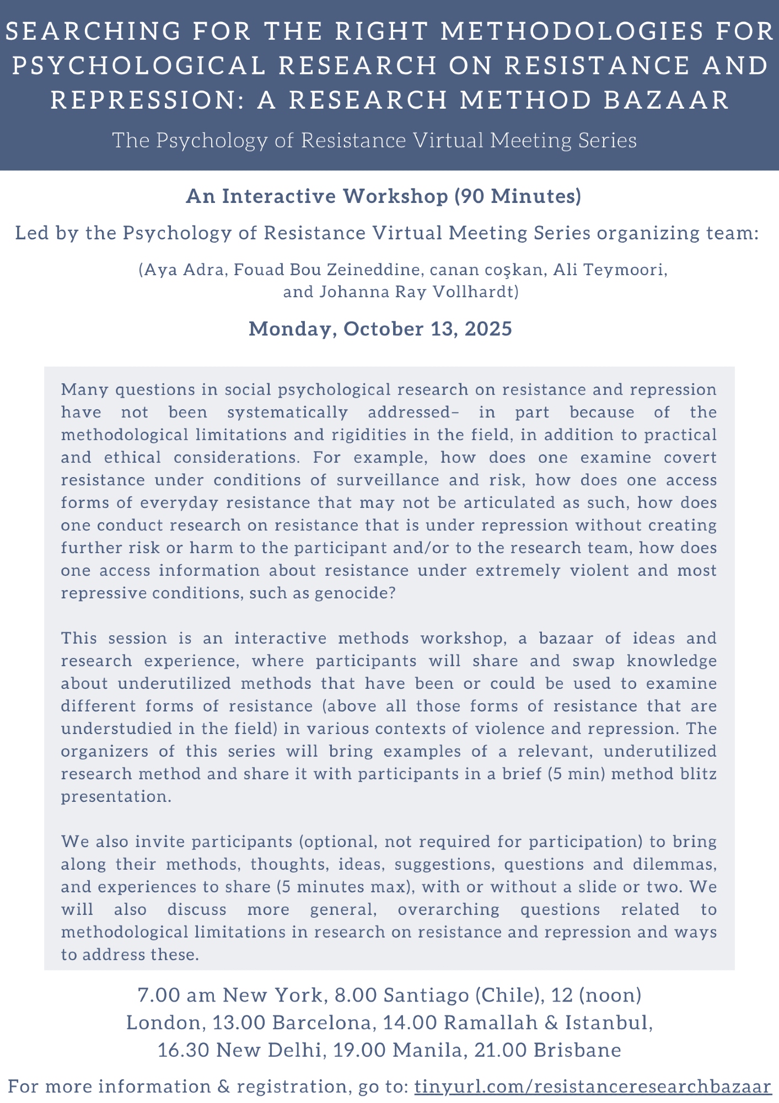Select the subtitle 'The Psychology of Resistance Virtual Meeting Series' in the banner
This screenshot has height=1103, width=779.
pos(374,141)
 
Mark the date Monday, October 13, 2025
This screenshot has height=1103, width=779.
pos(380,329)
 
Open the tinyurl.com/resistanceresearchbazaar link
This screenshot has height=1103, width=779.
pos(593,1087)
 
